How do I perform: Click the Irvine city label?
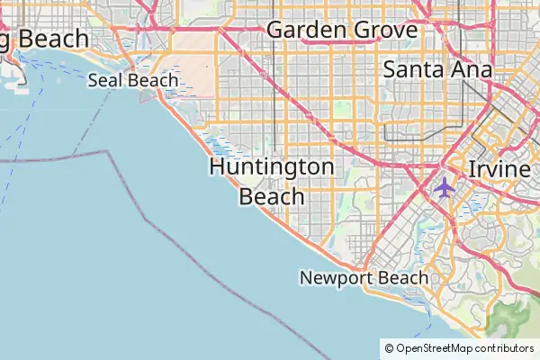[x=499, y=170]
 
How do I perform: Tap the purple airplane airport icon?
[x=444, y=187]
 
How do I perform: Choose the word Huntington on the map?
[x=272, y=167]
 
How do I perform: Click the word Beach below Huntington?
[x=272, y=196]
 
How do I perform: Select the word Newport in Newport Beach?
[x=332, y=278]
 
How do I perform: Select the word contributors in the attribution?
[x=505, y=348]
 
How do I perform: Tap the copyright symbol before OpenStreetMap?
[x=389, y=348]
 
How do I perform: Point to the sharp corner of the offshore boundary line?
[x=109, y=151]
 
